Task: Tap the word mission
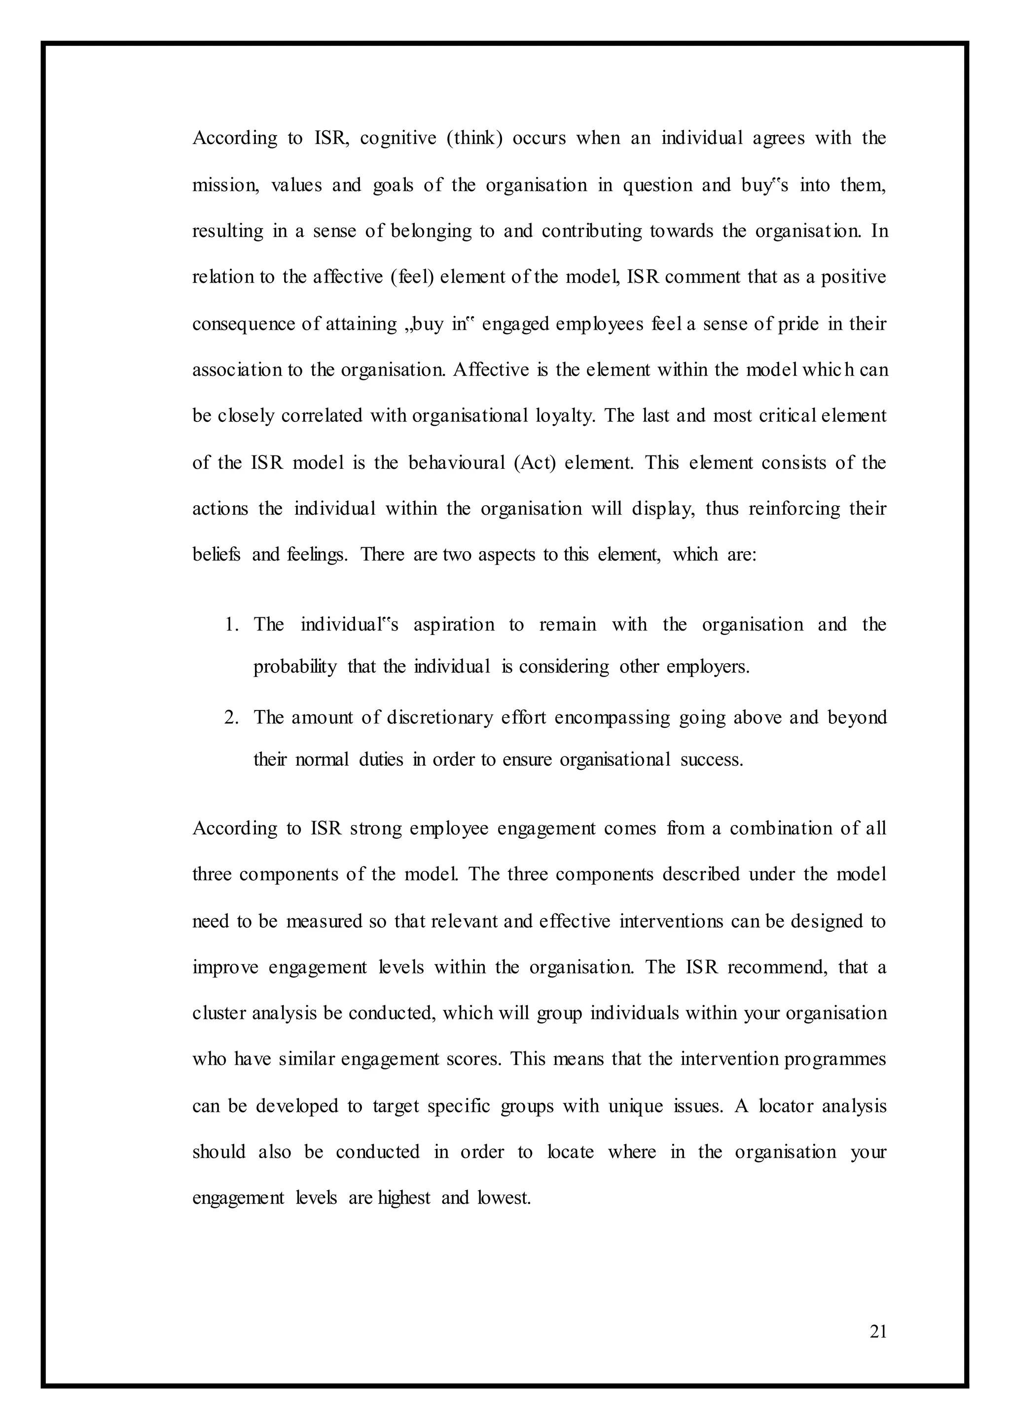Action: [226, 186]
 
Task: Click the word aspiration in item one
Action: [454, 625]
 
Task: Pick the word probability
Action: [295, 667]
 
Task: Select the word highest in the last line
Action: [403, 1198]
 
